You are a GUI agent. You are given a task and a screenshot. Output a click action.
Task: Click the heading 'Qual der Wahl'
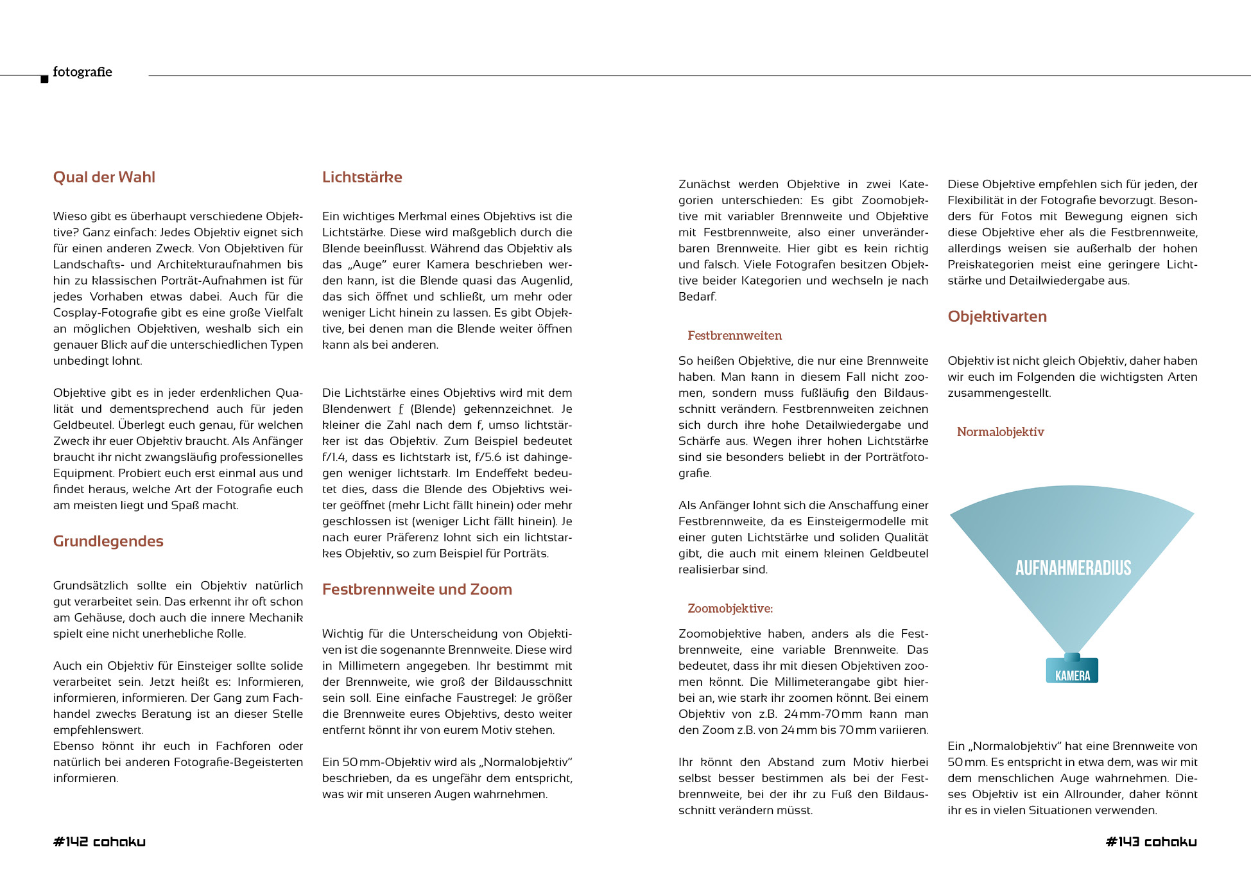[104, 177]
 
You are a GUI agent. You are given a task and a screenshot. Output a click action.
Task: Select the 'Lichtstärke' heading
[362, 177]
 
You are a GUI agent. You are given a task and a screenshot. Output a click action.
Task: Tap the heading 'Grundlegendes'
[108, 541]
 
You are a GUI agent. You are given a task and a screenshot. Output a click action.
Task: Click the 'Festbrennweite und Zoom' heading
[417, 589]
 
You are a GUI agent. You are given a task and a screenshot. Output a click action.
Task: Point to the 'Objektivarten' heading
[997, 317]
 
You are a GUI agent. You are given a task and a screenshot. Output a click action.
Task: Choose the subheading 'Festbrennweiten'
[734, 335]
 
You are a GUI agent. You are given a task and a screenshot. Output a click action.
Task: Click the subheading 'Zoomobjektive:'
[730, 608]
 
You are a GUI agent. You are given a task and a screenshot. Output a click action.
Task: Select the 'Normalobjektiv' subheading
[1000, 432]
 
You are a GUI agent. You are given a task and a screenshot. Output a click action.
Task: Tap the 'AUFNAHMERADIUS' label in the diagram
[1073, 568]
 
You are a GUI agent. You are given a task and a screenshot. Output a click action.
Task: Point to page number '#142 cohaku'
[99, 842]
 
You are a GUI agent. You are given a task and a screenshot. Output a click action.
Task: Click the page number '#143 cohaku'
[1151, 842]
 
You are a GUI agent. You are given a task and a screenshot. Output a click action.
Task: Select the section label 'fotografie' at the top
[82, 72]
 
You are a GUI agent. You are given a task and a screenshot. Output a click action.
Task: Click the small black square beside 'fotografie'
[44, 79]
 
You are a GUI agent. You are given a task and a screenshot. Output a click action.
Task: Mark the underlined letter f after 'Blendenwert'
[401, 409]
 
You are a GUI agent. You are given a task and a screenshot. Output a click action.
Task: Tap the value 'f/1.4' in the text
[334, 457]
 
